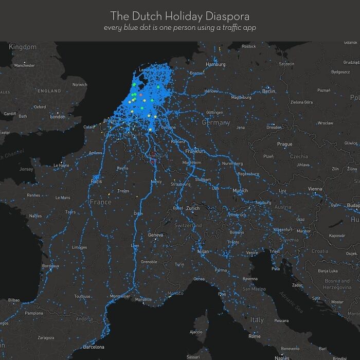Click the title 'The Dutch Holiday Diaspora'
(180, 15)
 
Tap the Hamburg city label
(215, 64)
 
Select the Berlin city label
(268, 91)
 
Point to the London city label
(58, 117)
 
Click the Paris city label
(96, 182)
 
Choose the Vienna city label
(315, 189)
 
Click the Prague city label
(284, 145)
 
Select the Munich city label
(240, 191)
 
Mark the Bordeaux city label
(50, 266)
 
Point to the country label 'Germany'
(215, 123)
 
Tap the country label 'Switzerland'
(188, 226)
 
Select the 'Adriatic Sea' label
(291, 301)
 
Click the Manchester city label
(25, 65)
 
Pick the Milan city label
(203, 251)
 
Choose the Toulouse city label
(82, 296)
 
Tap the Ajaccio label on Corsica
(196, 332)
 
